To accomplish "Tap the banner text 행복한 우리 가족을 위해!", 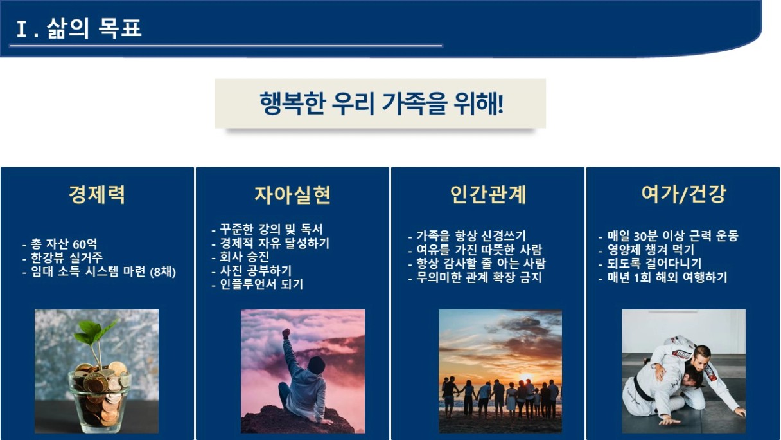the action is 382,104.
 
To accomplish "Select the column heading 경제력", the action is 97,194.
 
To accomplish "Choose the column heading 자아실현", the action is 292,194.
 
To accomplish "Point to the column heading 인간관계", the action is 487,194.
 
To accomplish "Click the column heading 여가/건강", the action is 683,194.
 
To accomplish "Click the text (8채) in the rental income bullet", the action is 163,271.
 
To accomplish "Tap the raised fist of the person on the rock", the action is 286,333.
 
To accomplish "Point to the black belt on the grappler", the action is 641,389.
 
